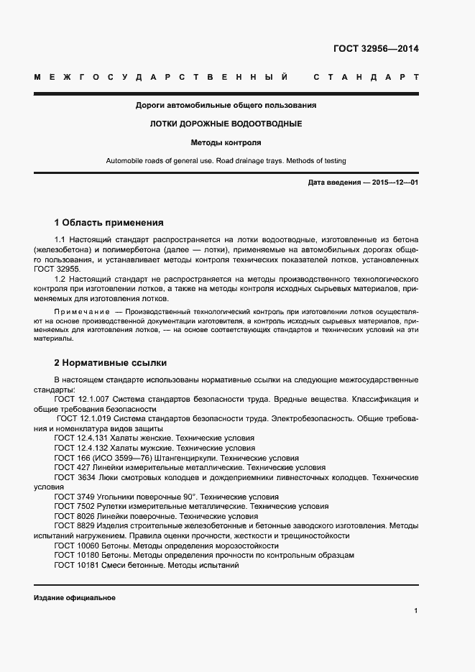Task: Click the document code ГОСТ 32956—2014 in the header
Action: (x=376, y=50)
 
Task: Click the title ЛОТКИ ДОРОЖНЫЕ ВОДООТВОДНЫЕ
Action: (x=226, y=124)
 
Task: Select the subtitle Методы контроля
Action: (x=226, y=142)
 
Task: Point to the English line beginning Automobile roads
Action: (x=226, y=161)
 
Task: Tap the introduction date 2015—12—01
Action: (x=393, y=183)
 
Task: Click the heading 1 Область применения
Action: (x=109, y=223)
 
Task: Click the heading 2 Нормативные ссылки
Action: (x=111, y=363)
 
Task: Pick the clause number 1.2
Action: (x=61, y=277)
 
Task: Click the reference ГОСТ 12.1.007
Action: (x=81, y=399)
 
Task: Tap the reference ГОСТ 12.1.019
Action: (x=84, y=418)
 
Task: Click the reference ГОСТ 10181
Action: (x=74, y=566)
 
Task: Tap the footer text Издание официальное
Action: (x=75, y=598)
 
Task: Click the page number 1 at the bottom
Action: (x=416, y=611)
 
